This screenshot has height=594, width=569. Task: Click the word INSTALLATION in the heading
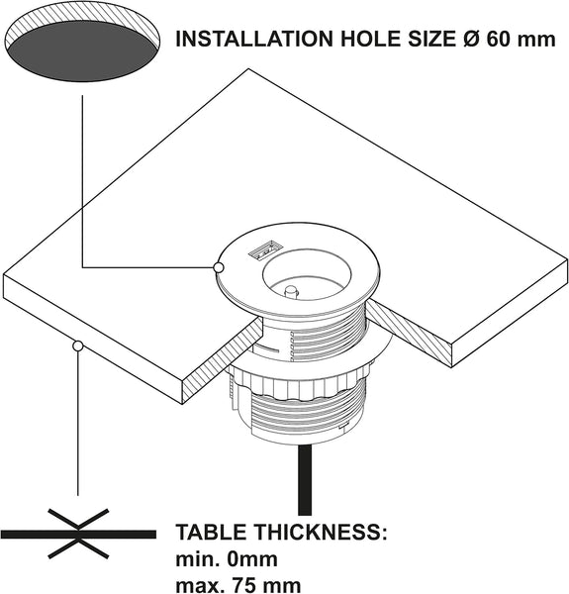tap(254, 39)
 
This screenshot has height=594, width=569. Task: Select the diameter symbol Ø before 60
tap(472, 39)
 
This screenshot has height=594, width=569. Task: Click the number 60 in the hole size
tap(499, 39)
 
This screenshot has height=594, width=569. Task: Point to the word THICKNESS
tap(322, 532)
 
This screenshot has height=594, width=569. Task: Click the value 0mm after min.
tap(252, 559)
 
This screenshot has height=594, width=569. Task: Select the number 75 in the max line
tap(245, 585)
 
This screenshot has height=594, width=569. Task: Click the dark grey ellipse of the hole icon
tap(81, 51)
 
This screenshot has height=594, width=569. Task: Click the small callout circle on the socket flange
tap(219, 268)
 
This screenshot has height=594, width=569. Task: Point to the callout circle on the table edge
tap(78, 346)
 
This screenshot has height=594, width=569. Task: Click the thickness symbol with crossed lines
tap(78, 534)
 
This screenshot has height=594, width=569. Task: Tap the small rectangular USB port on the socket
tap(264, 250)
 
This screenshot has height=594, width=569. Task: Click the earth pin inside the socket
tap(291, 292)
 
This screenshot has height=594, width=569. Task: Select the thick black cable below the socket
tap(305, 479)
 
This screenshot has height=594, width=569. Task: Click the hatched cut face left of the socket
tap(223, 361)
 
